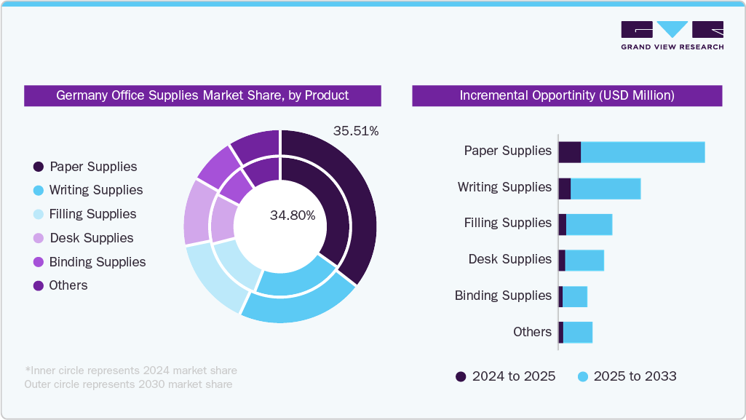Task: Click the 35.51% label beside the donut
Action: (x=356, y=132)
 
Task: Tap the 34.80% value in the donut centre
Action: (x=293, y=215)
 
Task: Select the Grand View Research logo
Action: (x=672, y=36)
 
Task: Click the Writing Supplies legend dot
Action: (x=39, y=191)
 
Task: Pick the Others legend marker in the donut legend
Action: (x=39, y=286)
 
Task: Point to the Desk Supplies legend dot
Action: (x=39, y=238)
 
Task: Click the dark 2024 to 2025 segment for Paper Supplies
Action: (x=569, y=152)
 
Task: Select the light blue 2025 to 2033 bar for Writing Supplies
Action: (x=606, y=189)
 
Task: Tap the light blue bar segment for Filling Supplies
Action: (x=589, y=224)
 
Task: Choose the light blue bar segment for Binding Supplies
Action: (x=575, y=297)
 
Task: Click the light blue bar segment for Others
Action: (x=578, y=333)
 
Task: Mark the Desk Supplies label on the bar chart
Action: (x=509, y=259)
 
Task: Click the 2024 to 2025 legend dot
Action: (x=461, y=376)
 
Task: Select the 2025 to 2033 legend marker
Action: (x=582, y=376)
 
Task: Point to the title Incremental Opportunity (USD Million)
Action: (x=567, y=95)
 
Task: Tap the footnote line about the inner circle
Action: (x=131, y=371)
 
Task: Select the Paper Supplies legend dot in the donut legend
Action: (x=39, y=167)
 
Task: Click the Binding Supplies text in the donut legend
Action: (x=98, y=262)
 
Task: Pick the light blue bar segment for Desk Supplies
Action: (x=584, y=261)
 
